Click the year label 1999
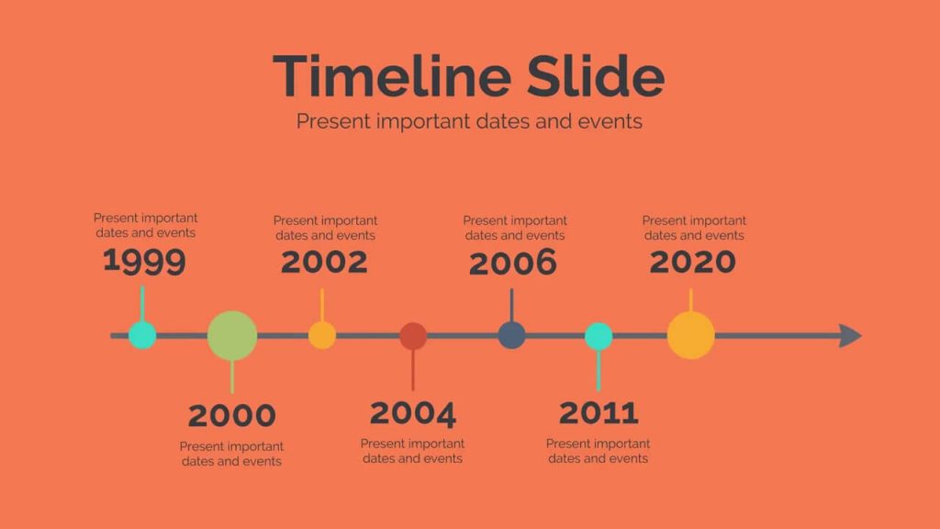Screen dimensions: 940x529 (144, 262)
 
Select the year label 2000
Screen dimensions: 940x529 (232, 416)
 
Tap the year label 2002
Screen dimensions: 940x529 (324, 262)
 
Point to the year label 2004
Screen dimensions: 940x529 (413, 414)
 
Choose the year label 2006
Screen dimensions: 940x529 (513, 264)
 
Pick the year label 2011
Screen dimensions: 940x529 (599, 412)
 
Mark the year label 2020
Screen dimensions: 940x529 (693, 262)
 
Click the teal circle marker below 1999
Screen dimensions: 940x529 (142, 335)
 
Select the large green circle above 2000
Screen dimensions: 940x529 (232, 336)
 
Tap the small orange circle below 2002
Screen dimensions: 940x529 (322, 335)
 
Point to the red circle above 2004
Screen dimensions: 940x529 (413, 336)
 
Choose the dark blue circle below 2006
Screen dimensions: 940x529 (512, 335)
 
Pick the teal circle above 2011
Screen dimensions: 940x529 (599, 336)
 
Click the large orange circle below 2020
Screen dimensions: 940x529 (691, 335)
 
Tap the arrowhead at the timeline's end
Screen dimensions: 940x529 (851, 336)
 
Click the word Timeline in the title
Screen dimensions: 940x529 (392, 76)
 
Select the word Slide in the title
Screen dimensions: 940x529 (596, 76)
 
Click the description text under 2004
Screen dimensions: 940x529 (412, 451)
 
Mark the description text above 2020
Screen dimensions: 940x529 (694, 228)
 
